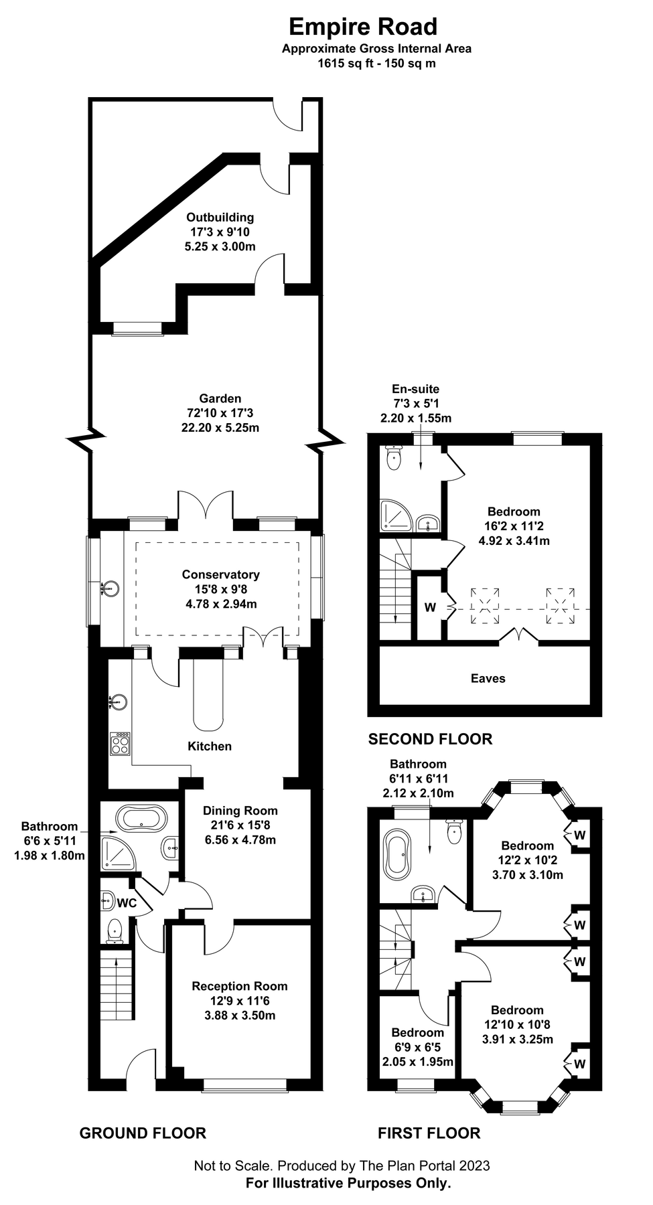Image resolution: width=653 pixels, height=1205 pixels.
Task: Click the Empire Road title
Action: coord(363,27)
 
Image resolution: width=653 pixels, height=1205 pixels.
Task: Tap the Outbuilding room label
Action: coord(220,218)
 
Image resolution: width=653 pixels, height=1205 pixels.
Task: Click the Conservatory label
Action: coord(220,574)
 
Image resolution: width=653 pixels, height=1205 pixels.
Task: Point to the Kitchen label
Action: coord(210,746)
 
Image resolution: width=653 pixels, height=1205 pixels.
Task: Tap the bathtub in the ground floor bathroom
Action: coord(141,817)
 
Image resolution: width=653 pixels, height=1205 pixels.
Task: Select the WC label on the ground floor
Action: coord(127,903)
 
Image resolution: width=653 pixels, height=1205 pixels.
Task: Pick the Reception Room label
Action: coord(239,986)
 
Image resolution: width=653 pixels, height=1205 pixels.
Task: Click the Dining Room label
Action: coord(240,811)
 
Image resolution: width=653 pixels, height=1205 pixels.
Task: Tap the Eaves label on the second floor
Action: coord(488,678)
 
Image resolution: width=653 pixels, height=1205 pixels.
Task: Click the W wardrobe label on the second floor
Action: coord(430,608)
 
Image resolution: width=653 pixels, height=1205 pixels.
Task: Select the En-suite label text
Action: coord(415,389)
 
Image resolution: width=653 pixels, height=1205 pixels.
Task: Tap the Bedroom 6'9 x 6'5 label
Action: coord(417,1032)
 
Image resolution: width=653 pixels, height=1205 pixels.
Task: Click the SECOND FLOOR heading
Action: coord(430,739)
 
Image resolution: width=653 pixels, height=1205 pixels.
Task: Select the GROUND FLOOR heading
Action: coord(143,1133)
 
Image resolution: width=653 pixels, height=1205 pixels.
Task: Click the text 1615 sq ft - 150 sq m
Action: coord(376,64)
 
